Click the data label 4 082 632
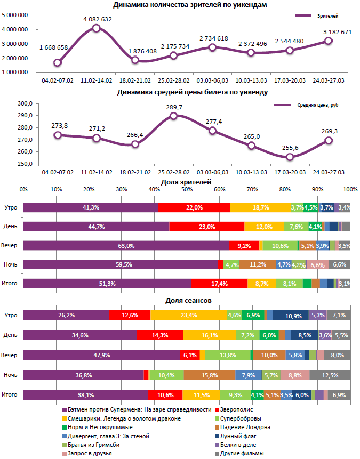pos(97,19)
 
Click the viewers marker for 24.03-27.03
pos(328,41)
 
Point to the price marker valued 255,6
pos(290,157)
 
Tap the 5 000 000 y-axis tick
pos(15,16)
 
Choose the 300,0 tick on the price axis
pos(26,103)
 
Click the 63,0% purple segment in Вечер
pos(126,246)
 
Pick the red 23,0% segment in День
pos(206,227)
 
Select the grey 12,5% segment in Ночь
pos(330,376)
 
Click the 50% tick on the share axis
pos(187,189)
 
